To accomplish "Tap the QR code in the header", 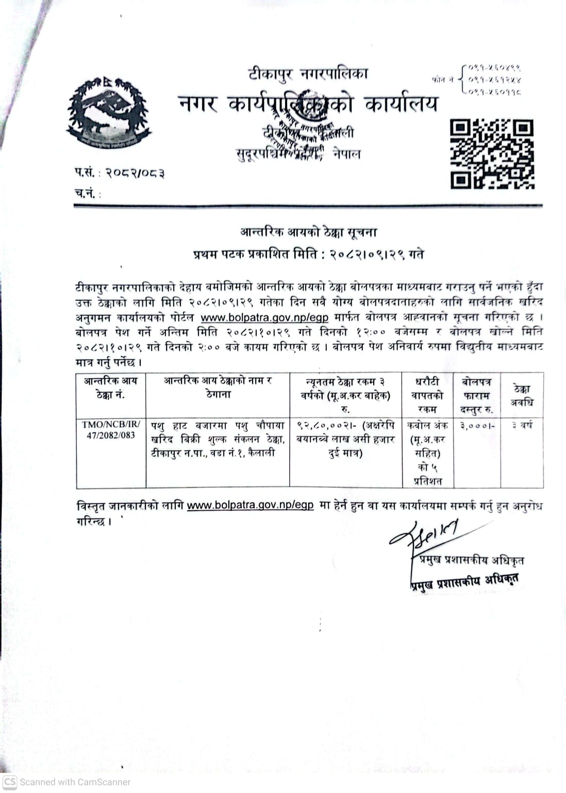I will pyautogui.click(x=492, y=154).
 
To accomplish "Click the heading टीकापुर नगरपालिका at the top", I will pyautogui.click(x=308, y=74).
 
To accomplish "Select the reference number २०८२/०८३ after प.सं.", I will pyautogui.click(x=135, y=173).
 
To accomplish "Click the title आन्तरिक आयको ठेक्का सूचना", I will pyautogui.click(x=308, y=232).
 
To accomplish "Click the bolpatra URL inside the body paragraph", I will pyautogui.click(x=264, y=317).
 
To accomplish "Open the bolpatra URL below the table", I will pyautogui.click(x=250, y=505).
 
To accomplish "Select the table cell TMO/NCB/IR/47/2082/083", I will pyautogui.click(x=111, y=430).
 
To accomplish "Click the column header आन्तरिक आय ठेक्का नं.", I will pyautogui.click(x=111, y=388).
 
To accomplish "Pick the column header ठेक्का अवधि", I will pyautogui.click(x=522, y=395).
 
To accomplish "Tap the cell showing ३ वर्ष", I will pyautogui.click(x=522, y=426).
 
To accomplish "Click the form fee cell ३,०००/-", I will pyautogui.click(x=477, y=426).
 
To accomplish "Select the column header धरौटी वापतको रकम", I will pyautogui.click(x=427, y=395).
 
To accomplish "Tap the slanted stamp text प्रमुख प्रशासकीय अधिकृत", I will pyautogui.click(x=464, y=581).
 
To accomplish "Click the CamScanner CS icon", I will pyautogui.click(x=10, y=782).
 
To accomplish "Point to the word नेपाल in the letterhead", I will pyautogui.click(x=346, y=154).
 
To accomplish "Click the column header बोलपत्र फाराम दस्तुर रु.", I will pyautogui.click(x=477, y=395).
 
